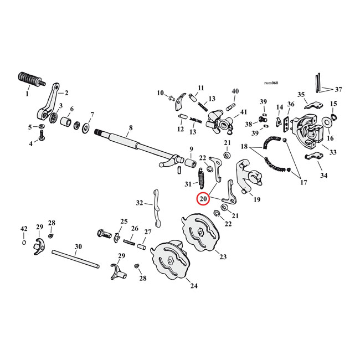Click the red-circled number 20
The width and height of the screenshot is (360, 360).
click(x=203, y=199)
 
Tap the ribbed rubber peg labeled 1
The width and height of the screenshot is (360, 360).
click(x=30, y=79)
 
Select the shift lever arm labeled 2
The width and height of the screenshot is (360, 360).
click(x=50, y=102)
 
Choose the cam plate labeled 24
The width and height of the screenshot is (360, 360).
click(x=167, y=263)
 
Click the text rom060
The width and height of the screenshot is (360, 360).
click(x=271, y=83)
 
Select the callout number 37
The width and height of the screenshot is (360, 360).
click(x=338, y=90)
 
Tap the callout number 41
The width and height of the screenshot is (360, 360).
click(x=244, y=112)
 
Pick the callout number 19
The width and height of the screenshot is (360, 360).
click(x=257, y=199)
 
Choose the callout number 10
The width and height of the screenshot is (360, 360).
click(x=160, y=92)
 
